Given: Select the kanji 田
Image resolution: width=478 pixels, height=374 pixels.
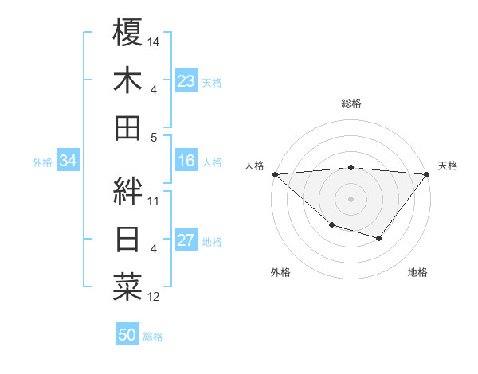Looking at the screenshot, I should click(x=127, y=127).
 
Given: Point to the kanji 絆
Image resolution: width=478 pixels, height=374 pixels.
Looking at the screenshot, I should click(x=127, y=191).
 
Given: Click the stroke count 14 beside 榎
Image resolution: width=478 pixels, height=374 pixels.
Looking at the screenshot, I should click(x=155, y=41).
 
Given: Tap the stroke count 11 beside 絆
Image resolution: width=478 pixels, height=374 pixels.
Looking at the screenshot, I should click(x=154, y=201).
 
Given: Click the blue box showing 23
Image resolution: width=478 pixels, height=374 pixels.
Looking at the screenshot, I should click(x=186, y=81).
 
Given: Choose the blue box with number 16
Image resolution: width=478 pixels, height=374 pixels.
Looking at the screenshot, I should click(x=186, y=162).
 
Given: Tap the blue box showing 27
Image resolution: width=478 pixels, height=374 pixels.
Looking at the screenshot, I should click(x=186, y=241).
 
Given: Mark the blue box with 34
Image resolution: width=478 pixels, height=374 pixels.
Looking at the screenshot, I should click(x=69, y=162).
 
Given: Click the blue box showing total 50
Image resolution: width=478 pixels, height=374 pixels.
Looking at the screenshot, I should click(x=127, y=336).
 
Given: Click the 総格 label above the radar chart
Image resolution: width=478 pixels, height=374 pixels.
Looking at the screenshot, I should click(x=351, y=103).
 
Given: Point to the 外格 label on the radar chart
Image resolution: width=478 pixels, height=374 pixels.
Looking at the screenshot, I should click(x=280, y=272).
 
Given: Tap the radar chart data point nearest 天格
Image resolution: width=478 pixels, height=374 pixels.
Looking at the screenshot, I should click(x=427, y=174).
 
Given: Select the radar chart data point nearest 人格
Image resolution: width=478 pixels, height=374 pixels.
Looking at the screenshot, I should click(x=275, y=174).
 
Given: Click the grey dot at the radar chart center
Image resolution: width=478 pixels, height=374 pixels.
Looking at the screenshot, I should click(x=351, y=199).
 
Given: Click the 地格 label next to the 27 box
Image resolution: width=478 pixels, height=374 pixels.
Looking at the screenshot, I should click(x=212, y=242).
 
